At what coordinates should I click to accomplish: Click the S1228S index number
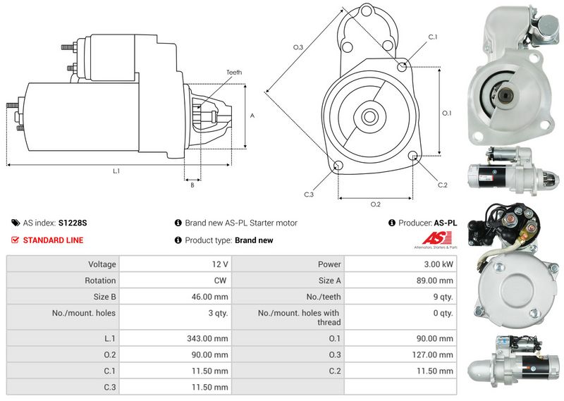[x=73, y=223]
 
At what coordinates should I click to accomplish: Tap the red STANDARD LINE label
[x=53, y=240]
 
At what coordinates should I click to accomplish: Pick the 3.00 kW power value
[x=439, y=264]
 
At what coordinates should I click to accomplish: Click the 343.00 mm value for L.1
[x=207, y=339]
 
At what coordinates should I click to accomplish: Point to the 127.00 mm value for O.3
[x=432, y=355]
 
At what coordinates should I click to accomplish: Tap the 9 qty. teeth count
[x=443, y=297]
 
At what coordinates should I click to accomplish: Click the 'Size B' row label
[x=104, y=297]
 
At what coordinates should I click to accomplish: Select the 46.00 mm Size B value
[x=209, y=297]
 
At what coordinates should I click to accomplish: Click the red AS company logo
[x=436, y=238]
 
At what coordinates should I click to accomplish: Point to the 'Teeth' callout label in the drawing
[x=234, y=73]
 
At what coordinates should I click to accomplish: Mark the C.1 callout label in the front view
[x=433, y=37]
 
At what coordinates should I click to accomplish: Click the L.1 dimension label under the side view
[x=116, y=171]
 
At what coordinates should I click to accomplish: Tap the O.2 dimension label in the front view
[x=376, y=204]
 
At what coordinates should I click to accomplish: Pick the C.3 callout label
[x=309, y=195]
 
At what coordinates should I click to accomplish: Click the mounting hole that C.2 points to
[x=413, y=155]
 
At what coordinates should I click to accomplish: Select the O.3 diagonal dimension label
[x=298, y=47]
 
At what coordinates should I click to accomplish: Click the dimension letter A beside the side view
[x=252, y=116]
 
